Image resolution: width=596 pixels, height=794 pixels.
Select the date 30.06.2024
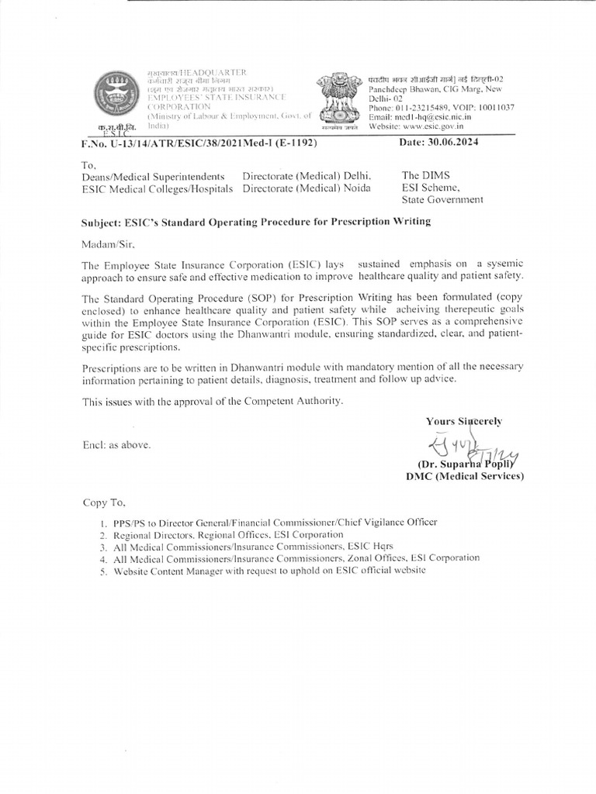(458, 143)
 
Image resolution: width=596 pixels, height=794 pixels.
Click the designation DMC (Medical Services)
(465, 477)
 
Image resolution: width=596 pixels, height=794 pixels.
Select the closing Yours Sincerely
(463, 421)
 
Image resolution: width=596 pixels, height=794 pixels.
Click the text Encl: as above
(116, 445)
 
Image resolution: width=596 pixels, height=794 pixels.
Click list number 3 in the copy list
(102, 547)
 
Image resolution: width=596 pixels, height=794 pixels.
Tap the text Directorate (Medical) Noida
(306, 188)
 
